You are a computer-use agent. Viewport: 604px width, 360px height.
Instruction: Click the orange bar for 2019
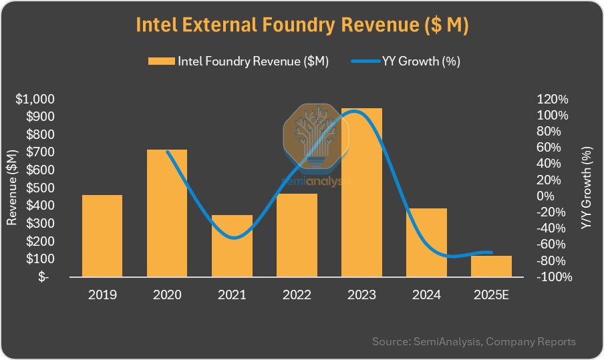102,236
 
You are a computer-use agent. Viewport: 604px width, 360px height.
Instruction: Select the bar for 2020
167,212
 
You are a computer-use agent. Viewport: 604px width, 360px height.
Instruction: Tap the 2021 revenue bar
232,246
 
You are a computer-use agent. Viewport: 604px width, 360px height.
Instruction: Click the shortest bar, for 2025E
491,266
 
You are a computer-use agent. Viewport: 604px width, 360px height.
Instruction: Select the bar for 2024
426,242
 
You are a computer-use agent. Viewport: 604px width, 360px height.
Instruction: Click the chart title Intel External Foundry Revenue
302,25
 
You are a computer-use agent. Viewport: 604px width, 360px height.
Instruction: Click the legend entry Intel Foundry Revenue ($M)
239,61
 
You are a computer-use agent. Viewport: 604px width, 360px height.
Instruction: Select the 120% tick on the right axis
552,100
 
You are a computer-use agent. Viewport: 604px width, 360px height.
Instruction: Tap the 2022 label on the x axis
297,295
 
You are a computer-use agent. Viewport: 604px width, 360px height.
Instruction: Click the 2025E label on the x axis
491,295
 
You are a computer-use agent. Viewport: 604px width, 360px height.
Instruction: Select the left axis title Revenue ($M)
11,188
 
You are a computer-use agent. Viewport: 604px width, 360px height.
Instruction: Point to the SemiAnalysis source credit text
473,341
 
